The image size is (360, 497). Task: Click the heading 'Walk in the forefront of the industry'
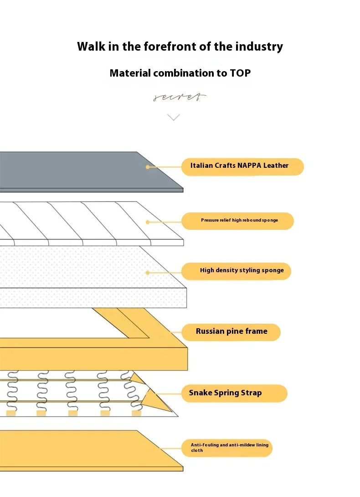pos(180,47)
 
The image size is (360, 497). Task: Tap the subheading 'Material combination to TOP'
pos(180,73)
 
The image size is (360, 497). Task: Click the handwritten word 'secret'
pos(180,97)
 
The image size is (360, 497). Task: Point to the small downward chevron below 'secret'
pos(174,117)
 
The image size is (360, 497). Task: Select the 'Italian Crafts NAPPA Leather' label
pos(239,166)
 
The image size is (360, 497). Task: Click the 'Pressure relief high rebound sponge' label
pos(239,221)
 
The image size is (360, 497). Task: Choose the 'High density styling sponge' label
pos(242,270)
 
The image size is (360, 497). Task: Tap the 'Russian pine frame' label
pos(231,331)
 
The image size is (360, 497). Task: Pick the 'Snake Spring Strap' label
pos(226,393)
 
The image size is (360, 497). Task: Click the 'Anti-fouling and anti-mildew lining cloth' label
pos(230,448)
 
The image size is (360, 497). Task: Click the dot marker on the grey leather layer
pos(147,167)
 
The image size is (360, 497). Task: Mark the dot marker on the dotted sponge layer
pos(147,273)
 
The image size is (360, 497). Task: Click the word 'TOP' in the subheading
pos(240,73)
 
